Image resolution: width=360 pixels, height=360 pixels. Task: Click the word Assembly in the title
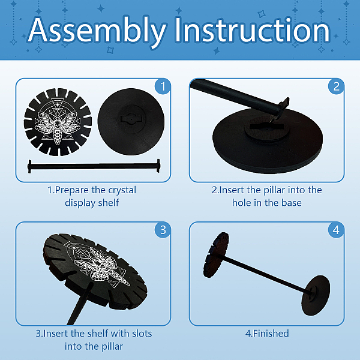[x=97, y=31]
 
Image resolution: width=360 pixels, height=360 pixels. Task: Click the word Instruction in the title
[x=253, y=30]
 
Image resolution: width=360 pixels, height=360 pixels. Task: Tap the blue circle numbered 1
[x=163, y=86]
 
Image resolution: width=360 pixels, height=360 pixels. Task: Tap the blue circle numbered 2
[x=336, y=86]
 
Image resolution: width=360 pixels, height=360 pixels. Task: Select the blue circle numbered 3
[x=163, y=230]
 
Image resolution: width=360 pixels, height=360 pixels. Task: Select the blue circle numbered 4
[x=336, y=230]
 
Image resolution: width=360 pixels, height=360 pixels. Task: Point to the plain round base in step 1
[x=131, y=122]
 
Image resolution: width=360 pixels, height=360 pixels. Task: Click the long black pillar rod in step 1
[x=94, y=166]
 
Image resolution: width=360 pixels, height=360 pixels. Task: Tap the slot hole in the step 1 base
[x=131, y=119]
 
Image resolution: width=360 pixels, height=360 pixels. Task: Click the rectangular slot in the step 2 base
[x=266, y=126]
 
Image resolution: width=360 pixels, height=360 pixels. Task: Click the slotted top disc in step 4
[x=216, y=255]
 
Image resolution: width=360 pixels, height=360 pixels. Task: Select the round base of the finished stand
[x=316, y=295]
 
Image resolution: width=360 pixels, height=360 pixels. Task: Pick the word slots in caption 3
[x=142, y=334]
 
